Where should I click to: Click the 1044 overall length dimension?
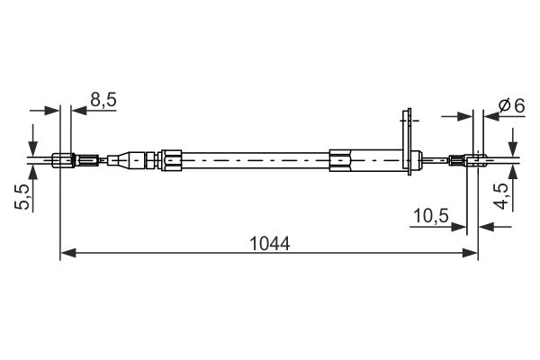coord(270,244)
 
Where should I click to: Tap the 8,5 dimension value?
coord(103,100)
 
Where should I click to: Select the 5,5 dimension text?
coord(22,197)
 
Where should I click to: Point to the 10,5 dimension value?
coord(431,216)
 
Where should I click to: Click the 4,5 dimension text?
coord(500,196)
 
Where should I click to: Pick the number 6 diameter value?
coord(519,105)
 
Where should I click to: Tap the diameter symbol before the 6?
coord(505,105)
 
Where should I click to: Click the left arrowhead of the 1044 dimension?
coord(68,253)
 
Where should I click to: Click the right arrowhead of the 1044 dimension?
coord(470,253)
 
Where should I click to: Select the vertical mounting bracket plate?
coord(409,142)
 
